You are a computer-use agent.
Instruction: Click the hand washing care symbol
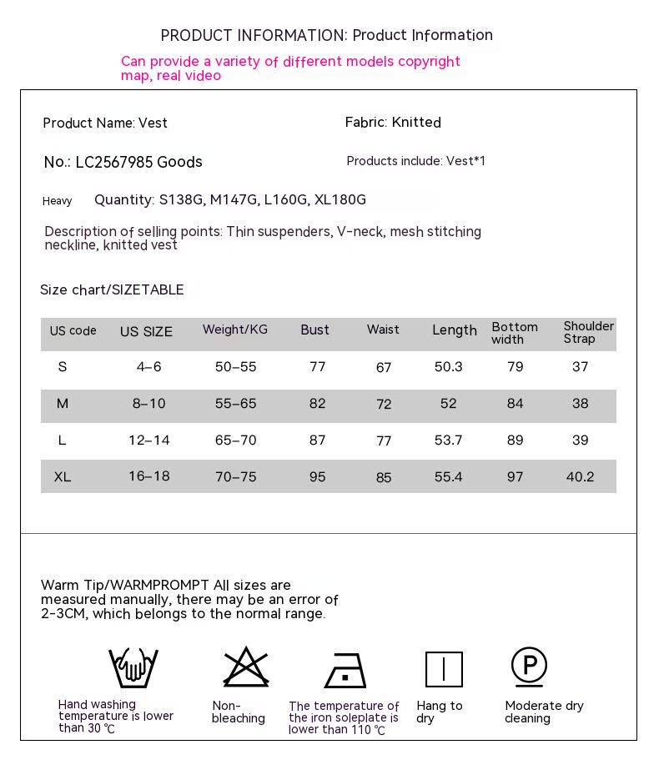pos(133,667)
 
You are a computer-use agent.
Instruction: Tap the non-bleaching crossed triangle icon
pos(245,667)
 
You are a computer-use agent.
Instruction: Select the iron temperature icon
pos(345,670)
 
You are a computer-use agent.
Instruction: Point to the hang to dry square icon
pos(444,669)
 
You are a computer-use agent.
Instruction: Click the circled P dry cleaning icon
pos(529,667)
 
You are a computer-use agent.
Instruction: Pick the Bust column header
pos(315,330)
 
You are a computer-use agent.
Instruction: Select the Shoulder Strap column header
pos(588,332)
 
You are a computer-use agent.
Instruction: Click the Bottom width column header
pos(515,333)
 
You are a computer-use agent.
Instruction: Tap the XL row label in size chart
pos(63,477)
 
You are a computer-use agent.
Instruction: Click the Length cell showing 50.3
pos(448,367)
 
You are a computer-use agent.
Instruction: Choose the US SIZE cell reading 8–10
pos(149,404)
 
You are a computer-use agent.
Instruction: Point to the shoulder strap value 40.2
pos(580,477)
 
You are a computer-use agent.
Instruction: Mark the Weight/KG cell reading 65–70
pos(236,440)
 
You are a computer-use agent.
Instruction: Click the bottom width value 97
pos(516,477)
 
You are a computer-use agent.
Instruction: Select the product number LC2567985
pos(114,162)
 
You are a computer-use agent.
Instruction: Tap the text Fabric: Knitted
pos(393,123)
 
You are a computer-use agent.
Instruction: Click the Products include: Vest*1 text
pos(415,161)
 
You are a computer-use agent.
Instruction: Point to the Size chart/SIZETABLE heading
pos(112,290)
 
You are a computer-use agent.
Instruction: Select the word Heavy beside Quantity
pos(58,201)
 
